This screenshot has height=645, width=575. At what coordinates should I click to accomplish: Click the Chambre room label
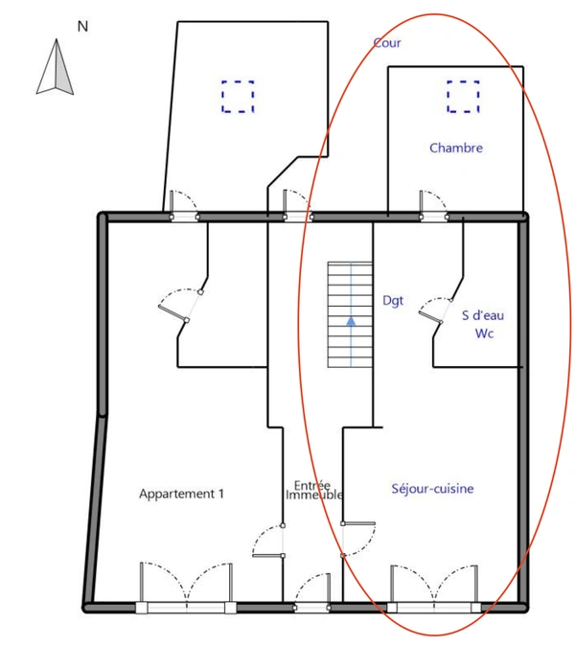click(x=456, y=148)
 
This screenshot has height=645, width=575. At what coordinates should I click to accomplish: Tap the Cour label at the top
click(x=387, y=43)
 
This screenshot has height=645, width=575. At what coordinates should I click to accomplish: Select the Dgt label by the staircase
click(x=393, y=301)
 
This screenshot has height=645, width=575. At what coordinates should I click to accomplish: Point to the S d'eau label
click(x=483, y=315)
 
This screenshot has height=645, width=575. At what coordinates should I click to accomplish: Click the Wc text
click(x=484, y=334)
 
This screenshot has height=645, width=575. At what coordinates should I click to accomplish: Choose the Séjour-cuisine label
click(x=433, y=489)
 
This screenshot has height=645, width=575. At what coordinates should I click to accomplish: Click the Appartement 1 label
click(x=181, y=494)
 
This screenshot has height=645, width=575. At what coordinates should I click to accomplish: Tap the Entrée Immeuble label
click(x=313, y=490)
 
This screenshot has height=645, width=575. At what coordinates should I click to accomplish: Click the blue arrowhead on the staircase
click(x=351, y=321)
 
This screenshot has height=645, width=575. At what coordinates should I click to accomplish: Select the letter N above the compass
click(x=82, y=27)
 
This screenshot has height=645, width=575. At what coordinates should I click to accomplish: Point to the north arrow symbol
click(x=56, y=67)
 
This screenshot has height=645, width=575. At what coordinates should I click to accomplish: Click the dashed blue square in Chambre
click(x=463, y=96)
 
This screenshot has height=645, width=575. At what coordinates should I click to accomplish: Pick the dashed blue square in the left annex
click(x=238, y=96)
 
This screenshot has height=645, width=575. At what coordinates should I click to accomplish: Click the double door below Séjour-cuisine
click(x=434, y=588)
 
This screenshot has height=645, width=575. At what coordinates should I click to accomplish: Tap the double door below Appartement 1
click(x=186, y=587)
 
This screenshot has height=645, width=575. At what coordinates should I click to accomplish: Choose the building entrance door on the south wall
click(x=311, y=592)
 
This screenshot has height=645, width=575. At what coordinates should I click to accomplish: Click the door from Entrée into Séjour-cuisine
click(x=358, y=540)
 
